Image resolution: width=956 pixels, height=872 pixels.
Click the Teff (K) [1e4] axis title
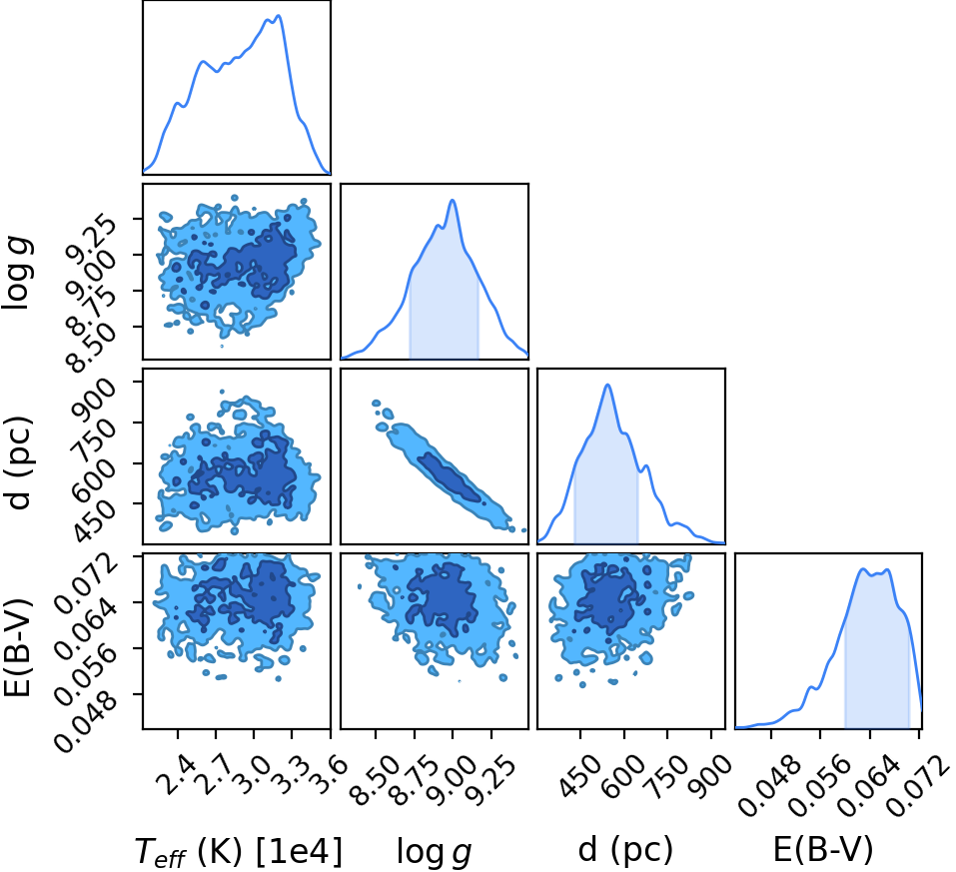pos(238,851)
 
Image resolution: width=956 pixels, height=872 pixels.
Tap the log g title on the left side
pos(16,273)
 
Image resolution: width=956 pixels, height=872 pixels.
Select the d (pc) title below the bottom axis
pos(625,849)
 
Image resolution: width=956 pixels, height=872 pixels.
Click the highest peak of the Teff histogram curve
pos(279,15)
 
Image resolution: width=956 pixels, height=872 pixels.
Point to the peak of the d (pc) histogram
pos(607,385)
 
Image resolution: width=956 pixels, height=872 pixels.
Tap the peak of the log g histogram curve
pos(452,200)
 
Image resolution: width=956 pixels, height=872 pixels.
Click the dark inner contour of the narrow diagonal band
pos(452,476)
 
